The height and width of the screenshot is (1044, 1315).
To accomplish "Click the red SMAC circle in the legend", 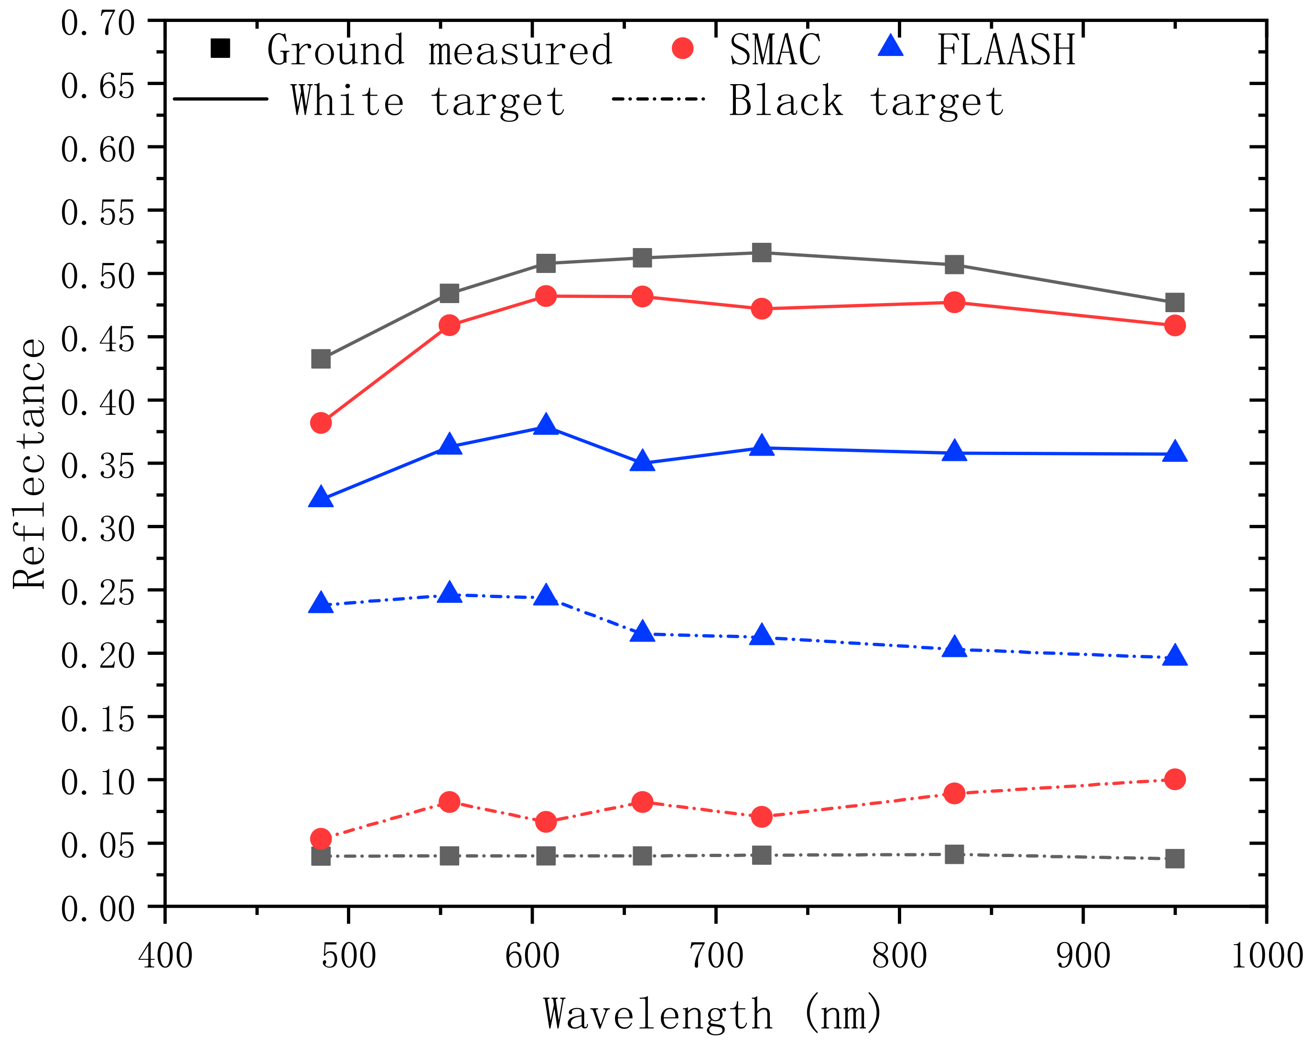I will coord(682,48).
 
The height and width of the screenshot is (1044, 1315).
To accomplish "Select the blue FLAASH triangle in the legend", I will coord(891,47).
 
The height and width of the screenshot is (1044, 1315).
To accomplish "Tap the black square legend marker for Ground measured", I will coord(220,48).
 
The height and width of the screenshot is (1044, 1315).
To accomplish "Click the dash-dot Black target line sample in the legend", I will coord(658,99).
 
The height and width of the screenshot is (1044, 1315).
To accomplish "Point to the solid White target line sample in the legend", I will coord(221,99).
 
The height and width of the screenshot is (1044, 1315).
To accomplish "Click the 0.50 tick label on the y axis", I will coord(97,276).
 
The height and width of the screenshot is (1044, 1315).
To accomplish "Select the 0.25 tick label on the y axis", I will coord(97,592).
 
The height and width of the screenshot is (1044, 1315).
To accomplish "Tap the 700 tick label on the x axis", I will coord(716,956).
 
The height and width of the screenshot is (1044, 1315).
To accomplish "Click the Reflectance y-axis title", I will coord(29,464).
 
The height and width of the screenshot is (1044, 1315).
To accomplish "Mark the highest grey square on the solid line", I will coord(761,252).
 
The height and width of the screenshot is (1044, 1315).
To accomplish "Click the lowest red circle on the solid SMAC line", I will coord(321,422).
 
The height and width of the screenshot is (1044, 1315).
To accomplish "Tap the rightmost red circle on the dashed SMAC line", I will coord(1175,779).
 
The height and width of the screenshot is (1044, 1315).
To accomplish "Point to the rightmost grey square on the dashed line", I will coord(1175,859).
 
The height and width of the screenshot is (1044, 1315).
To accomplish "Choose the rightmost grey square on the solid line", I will coord(1175,302).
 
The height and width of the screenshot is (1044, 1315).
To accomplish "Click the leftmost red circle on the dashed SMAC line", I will coord(321,838).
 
